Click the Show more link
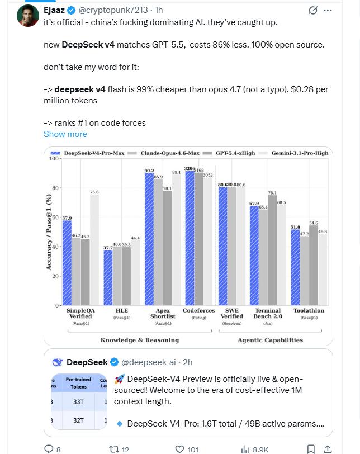[x=65, y=134]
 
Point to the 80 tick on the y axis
[x=54, y=188]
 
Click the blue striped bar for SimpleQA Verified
[x=67, y=263]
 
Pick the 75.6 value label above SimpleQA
[x=94, y=192]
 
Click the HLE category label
[x=121, y=310]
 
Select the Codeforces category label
[x=199, y=310]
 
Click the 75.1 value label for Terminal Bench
[x=272, y=193]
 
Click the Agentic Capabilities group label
[x=270, y=340]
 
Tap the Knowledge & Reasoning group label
[x=140, y=340]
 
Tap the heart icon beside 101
[x=180, y=448]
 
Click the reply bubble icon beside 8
[x=49, y=448]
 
